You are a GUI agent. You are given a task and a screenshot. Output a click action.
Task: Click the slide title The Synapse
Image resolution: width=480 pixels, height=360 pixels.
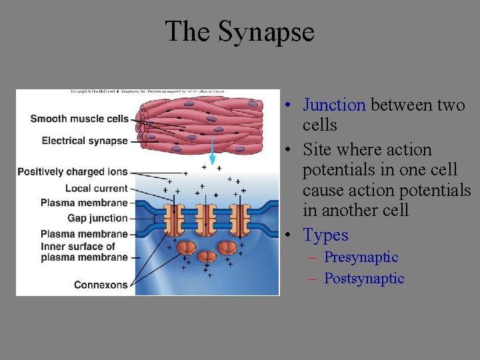(239, 31)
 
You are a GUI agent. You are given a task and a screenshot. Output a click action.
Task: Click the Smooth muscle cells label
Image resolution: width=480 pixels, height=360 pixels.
(79, 119)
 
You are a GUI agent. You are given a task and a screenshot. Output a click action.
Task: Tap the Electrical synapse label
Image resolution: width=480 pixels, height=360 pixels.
(84, 141)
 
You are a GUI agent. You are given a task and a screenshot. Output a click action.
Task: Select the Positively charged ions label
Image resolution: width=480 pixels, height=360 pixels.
(72, 172)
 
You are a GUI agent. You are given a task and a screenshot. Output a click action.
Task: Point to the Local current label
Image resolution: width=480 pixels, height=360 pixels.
(96, 189)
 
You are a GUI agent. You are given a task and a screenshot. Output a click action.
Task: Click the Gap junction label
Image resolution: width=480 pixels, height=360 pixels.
(97, 218)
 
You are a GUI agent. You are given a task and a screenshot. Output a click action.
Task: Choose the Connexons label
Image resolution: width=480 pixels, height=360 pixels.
(101, 285)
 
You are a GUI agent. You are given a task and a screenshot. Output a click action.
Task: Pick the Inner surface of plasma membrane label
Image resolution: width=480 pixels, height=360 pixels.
(84, 252)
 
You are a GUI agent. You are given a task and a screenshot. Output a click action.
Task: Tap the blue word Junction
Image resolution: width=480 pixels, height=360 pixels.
(334, 105)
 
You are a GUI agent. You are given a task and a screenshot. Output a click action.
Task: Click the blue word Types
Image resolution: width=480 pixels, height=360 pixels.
(325, 235)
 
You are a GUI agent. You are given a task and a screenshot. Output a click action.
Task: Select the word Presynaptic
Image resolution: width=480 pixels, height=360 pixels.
(361, 257)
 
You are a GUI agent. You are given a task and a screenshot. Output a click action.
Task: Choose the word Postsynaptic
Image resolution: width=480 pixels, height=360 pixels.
(364, 279)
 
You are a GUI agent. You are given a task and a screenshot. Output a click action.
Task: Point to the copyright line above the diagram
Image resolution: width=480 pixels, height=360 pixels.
(147, 91)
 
